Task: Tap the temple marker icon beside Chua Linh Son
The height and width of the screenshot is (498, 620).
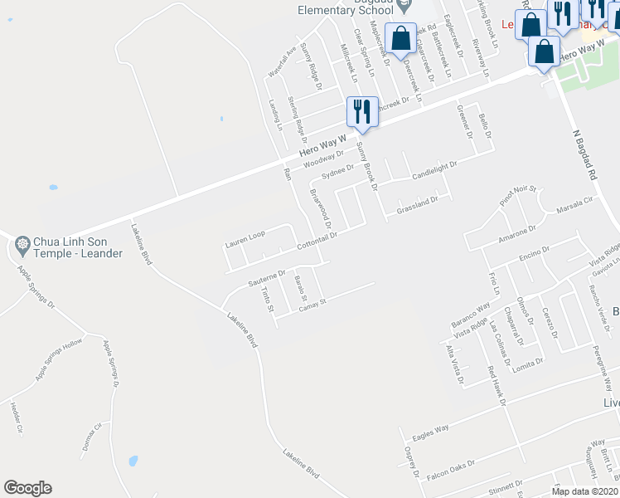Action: point(22,245)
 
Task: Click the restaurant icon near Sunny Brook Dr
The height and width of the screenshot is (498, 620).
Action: point(362,111)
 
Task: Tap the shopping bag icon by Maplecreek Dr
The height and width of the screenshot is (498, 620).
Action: point(400,38)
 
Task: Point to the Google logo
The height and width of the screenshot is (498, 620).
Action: point(27,488)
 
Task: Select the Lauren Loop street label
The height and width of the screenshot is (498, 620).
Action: point(245,239)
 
